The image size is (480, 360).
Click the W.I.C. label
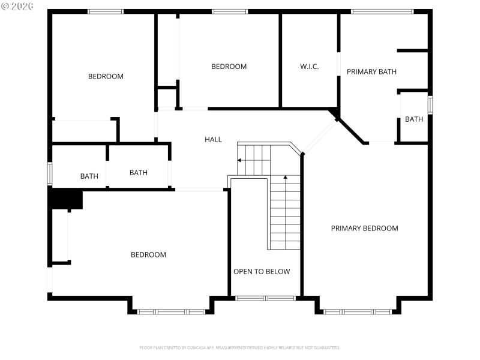[x=310, y=67]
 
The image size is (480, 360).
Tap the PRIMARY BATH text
[x=371, y=72]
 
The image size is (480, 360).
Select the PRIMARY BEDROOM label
[x=364, y=228]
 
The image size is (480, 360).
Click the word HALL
[x=213, y=139]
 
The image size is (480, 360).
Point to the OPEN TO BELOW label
[x=262, y=272]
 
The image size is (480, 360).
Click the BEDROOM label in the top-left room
[x=106, y=76]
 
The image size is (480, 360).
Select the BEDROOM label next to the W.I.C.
[x=229, y=67]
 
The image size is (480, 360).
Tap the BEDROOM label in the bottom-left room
[x=148, y=255]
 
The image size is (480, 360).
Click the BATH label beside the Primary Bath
[x=414, y=119]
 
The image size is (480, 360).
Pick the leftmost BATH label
[x=89, y=176]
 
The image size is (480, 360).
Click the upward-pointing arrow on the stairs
[x=285, y=178]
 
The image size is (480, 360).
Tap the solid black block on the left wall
[x=65, y=199]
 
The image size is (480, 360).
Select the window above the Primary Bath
[x=382, y=11]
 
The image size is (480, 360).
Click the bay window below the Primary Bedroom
[x=358, y=311]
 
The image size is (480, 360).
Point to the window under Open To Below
[x=265, y=298]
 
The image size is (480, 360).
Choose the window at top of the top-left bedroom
[x=106, y=11]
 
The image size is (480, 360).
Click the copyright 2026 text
[x=19, y=7]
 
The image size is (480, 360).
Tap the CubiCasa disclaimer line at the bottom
[x=240, y=348]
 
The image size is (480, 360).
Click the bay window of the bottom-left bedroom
[x=171, y=311]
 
